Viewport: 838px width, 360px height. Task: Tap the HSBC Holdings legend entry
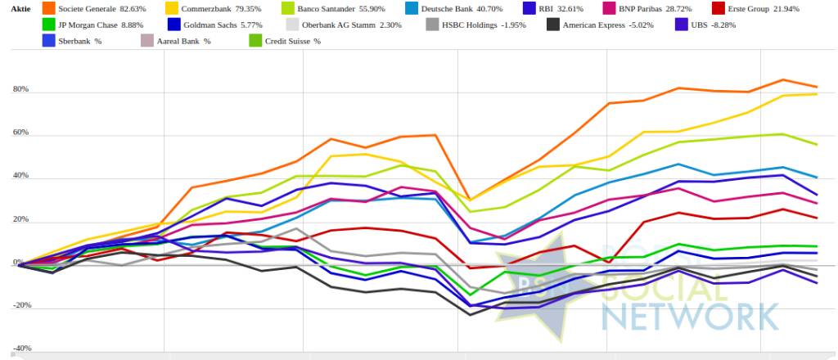(474, 25)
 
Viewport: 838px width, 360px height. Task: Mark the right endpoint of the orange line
(815, 87)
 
